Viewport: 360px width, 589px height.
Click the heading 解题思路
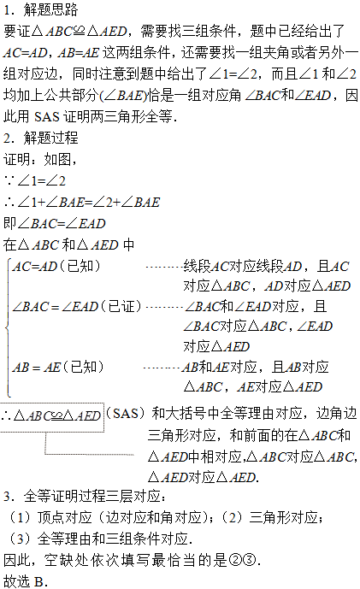pos(50,9)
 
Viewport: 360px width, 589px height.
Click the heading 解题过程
pos(50,138)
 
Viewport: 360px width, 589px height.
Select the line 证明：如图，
pos(40,159)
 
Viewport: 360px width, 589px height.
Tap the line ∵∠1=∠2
pos(35,180)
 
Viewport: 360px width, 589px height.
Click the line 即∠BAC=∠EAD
pos(55,223)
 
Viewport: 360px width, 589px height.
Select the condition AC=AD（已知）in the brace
pos(56,267)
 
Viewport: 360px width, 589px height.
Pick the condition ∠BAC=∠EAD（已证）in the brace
pos(77,307)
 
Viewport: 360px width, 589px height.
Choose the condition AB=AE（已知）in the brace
pos(58,367)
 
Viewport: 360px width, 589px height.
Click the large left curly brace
pos(8,327)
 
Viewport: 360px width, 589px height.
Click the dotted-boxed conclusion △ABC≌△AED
pos(52,415)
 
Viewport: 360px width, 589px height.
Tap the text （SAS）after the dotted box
pos(126,413)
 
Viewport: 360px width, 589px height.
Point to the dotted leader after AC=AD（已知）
pos(164,267)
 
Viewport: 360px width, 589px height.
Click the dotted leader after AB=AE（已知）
pos(162,368)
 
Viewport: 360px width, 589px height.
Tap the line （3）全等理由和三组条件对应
pos(97,539)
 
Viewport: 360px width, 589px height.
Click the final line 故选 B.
pos(26,581)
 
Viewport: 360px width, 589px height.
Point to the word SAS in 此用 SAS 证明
pos(47,116)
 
